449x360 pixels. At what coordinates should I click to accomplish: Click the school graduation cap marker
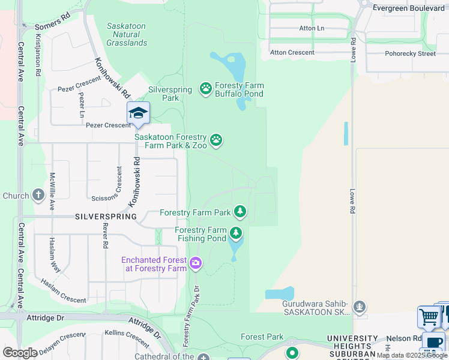click(138, 113)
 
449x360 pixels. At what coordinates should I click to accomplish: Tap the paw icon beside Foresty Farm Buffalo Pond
click(206, 89)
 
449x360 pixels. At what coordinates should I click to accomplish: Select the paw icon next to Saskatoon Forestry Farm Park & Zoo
click(216, 140)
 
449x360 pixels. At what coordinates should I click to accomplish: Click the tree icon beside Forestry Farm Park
click(240, 211)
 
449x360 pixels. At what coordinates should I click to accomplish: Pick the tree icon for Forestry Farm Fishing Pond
click(236, 233)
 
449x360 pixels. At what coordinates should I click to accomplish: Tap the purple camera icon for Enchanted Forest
click(196, 263)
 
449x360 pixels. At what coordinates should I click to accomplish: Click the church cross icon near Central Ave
click(38, 195)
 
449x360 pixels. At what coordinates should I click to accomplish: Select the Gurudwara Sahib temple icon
click(360, 307)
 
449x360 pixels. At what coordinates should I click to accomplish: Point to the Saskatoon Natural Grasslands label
click(127, 34)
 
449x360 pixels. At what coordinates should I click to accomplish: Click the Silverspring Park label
click(170, 94)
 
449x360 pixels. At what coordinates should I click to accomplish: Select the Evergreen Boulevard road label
click(408, 8)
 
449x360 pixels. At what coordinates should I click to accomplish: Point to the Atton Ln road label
click(312, 28)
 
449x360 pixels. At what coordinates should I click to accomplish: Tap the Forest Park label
click(262, 337)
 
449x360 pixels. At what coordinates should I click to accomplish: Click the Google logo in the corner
click(20, 353)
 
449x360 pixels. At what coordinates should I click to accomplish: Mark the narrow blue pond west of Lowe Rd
click(346, 133)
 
